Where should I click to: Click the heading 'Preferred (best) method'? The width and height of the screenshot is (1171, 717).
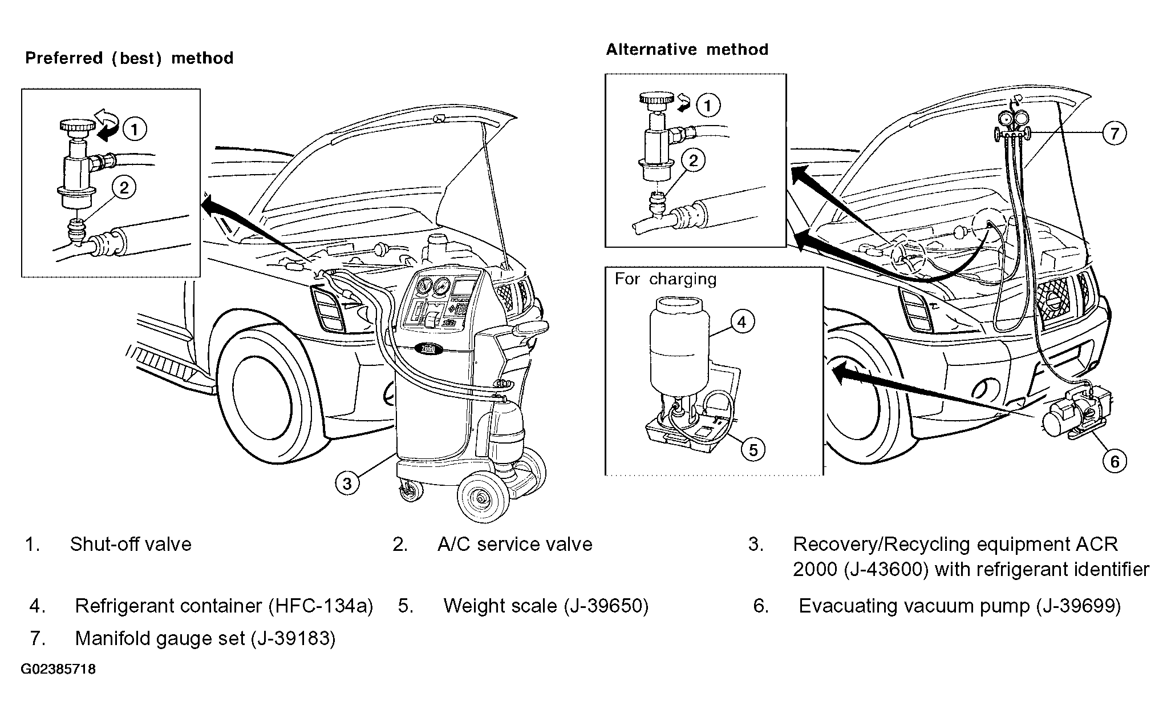129,58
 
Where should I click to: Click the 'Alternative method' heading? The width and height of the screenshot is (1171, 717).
687,50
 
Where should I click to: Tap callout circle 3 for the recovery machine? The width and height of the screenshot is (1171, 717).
347,484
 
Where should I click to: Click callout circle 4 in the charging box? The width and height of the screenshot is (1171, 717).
742,322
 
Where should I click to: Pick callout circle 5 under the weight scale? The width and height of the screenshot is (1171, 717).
753,450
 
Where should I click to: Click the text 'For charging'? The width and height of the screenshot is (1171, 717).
665,279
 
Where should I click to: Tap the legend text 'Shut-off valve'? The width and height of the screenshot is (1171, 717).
131,544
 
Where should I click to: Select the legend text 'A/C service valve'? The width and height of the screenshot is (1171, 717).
515,544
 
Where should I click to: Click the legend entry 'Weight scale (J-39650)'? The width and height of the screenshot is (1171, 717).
546,606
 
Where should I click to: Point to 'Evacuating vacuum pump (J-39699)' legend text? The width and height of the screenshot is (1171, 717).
959,606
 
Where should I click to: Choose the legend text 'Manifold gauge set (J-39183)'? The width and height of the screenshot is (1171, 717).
205,638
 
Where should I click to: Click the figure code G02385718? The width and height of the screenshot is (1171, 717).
58,669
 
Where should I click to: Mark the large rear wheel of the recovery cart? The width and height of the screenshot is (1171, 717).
483,498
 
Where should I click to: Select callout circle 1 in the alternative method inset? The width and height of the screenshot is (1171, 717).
708,106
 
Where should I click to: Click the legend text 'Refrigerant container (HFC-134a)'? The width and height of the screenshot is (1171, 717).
224,606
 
